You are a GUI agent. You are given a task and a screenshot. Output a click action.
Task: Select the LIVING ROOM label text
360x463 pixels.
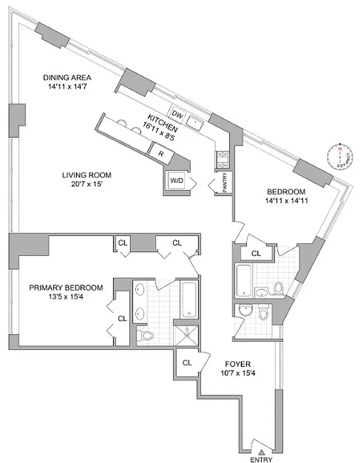pyautogui.click(x=87, y=175)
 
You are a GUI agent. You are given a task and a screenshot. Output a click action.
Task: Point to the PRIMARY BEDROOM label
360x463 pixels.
pyautogui.click(x=66, y=288)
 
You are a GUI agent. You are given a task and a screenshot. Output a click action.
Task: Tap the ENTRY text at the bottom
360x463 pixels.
pyautogui.click(x=261, y=459)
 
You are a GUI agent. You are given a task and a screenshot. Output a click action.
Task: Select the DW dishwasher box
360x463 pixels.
pyautogui.click(x=178, y=116)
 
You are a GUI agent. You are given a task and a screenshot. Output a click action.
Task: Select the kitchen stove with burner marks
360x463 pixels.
pyautogui.click(x=221, y=160)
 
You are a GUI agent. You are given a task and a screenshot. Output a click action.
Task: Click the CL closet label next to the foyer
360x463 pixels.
pyautogui.click(x=186, y=363)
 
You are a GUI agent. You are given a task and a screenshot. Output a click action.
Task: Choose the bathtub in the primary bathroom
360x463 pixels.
pyautogui.click(x=189, y=299)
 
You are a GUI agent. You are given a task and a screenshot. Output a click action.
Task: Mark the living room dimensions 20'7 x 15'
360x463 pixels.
pyautogui.click(x=87, y=185)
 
